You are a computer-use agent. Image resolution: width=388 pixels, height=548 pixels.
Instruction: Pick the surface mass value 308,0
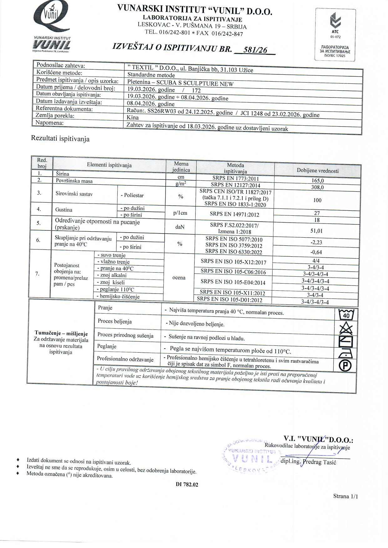pyautogui.click(x=318, y=187)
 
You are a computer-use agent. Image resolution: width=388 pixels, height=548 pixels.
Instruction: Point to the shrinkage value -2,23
pyautogui.click(x=316, y=242)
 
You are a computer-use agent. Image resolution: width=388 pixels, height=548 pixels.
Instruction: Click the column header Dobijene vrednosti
pyautogui.click(x=318, y=171)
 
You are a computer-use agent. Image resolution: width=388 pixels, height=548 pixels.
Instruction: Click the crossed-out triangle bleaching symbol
pyautogui.click(x=346, y=328)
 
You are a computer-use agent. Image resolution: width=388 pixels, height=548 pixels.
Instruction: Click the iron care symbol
pyautogui.click(x=345, y=354)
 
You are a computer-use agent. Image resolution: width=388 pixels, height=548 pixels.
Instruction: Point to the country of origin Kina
pyautogui.click(x=133, y=118)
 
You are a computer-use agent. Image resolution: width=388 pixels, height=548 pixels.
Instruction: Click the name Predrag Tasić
pyautogui.click(x=320, y=462)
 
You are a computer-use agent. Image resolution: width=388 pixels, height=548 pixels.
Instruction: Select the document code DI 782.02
pyautogui.click(x=187, y=485)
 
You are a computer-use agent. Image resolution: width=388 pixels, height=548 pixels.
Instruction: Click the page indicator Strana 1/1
pyautogui.click(x=345, y=496)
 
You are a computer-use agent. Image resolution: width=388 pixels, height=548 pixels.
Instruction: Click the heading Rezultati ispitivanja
pyautogui.click(x=60, y=139)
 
